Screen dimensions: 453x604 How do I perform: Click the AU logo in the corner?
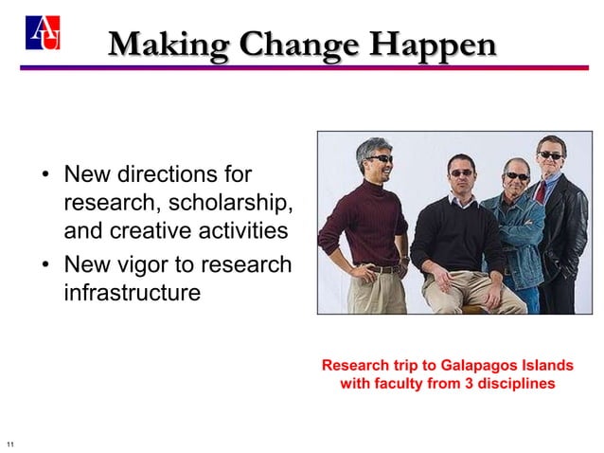click(x=44, y=34)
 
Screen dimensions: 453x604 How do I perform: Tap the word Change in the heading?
click(x=301, y=45)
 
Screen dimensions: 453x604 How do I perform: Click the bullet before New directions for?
click(x=44, y=176)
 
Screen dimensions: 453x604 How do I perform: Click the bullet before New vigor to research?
click(x=44, y=265)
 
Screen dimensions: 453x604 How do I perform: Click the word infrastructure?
click(x=132, y=293)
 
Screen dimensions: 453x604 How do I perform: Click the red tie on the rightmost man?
click(x=542, y=190)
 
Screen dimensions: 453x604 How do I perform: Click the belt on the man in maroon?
click(x=382, y=269)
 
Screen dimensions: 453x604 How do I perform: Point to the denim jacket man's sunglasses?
click(x=516, y=175)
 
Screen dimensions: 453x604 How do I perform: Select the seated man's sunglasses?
click(x=461, y=172)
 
